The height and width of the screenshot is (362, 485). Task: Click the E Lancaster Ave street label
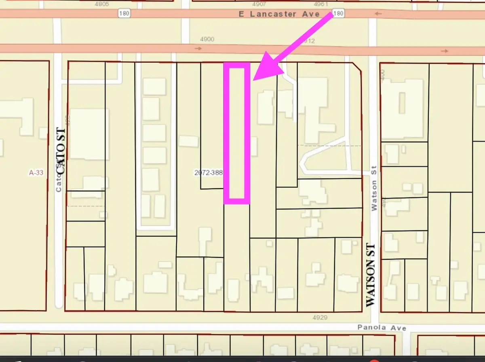[278, 14]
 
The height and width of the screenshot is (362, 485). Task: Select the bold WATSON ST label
[371, 275]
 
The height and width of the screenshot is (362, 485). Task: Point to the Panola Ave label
[382, 328]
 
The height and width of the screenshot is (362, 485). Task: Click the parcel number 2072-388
[209, 173]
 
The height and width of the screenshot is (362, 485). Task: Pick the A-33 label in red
[36, 173]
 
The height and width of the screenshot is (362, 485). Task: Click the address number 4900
[207, 39]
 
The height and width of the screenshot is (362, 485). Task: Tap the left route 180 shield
[124, 14]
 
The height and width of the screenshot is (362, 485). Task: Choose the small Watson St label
[374, 188]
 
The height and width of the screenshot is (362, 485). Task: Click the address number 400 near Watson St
[382, 75]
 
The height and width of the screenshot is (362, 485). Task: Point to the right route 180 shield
[339, 14]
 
